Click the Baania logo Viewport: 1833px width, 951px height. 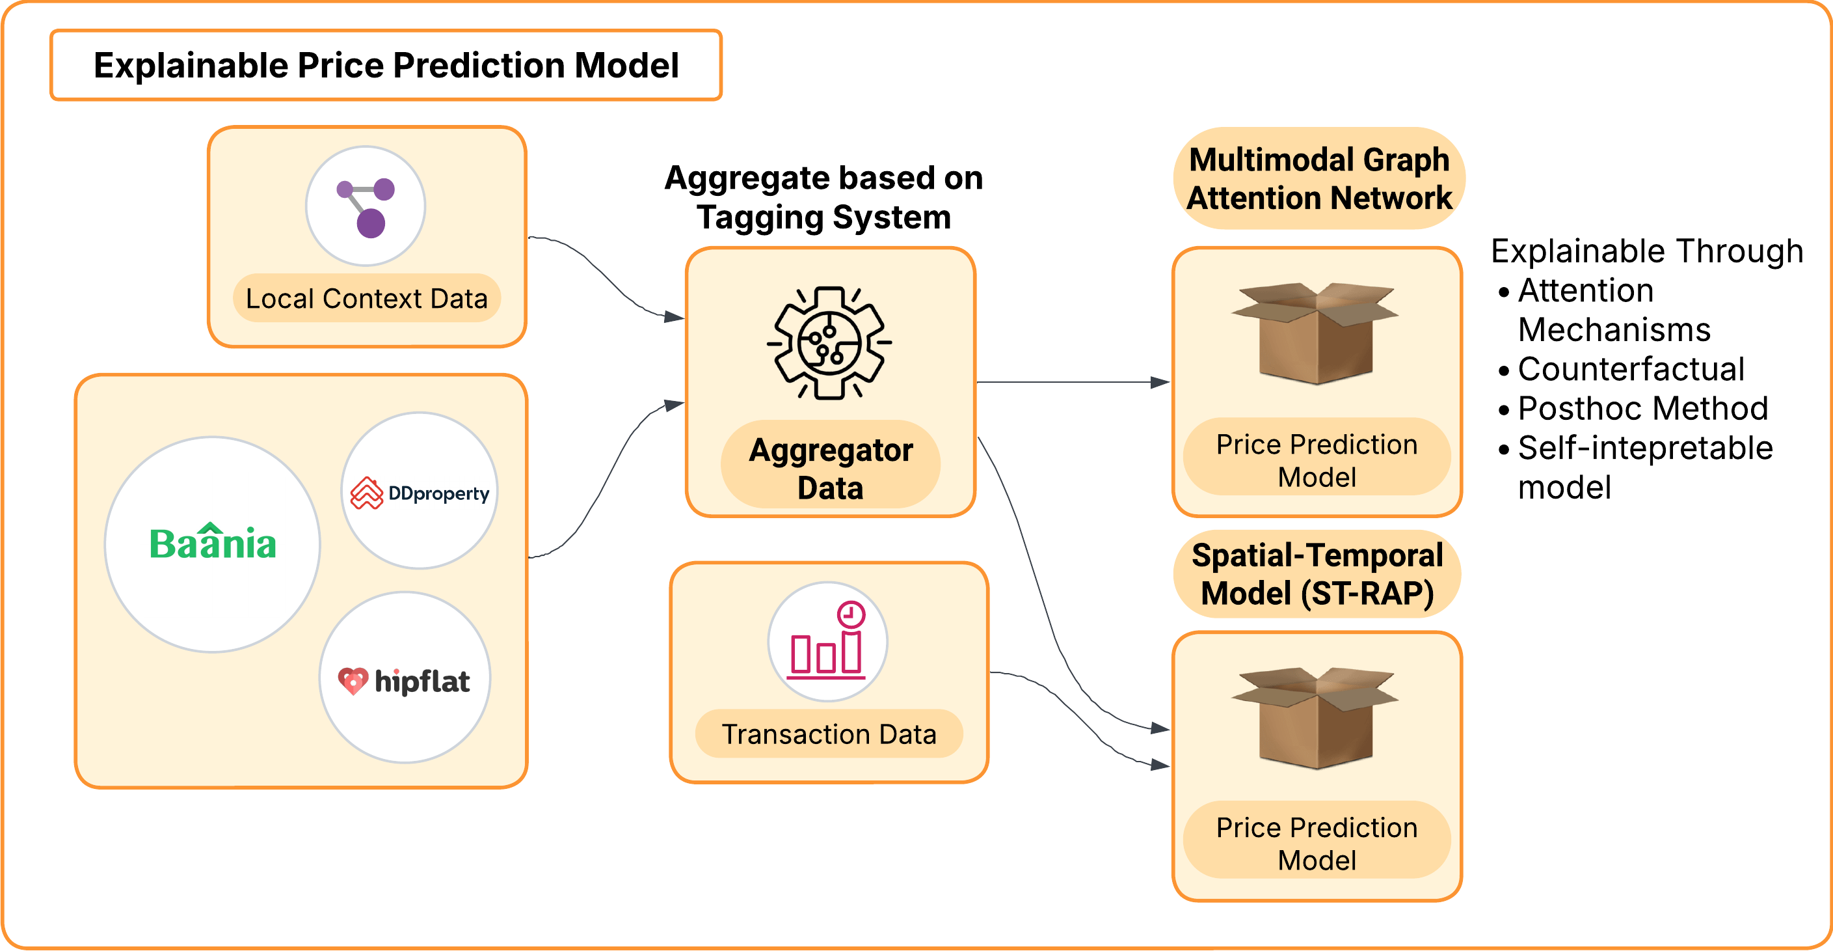[x=212, y=544]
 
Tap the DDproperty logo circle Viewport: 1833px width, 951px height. [x=420, y=491]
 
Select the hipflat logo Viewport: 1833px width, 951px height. [x=404, y=679]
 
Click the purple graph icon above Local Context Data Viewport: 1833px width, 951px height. [x=366, y=206]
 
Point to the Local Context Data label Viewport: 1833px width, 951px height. [x=366, y=298]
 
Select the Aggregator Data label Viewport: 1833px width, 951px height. [x=831, y=469]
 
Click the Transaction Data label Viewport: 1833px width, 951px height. [x=829, y=734]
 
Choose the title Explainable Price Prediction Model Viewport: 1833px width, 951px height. [x=386, y=66]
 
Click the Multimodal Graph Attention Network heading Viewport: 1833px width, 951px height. [x=1319, y=178]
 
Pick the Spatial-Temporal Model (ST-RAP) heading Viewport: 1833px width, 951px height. [x=1317, y=573]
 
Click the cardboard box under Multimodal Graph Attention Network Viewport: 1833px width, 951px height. [x=1315, y=333]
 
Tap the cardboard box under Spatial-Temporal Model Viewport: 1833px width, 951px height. [x=1315, y=717]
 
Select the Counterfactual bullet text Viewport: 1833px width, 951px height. [x=1631, y=368]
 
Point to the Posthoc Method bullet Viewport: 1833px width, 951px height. [x=1642, y=409]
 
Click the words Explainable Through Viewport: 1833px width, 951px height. [x=1646, y=251]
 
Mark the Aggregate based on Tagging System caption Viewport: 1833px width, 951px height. [x=823, y=197]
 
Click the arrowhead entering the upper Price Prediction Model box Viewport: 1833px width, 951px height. [x=1160, y=382]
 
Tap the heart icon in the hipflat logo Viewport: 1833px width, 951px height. [x=353, y=680]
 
